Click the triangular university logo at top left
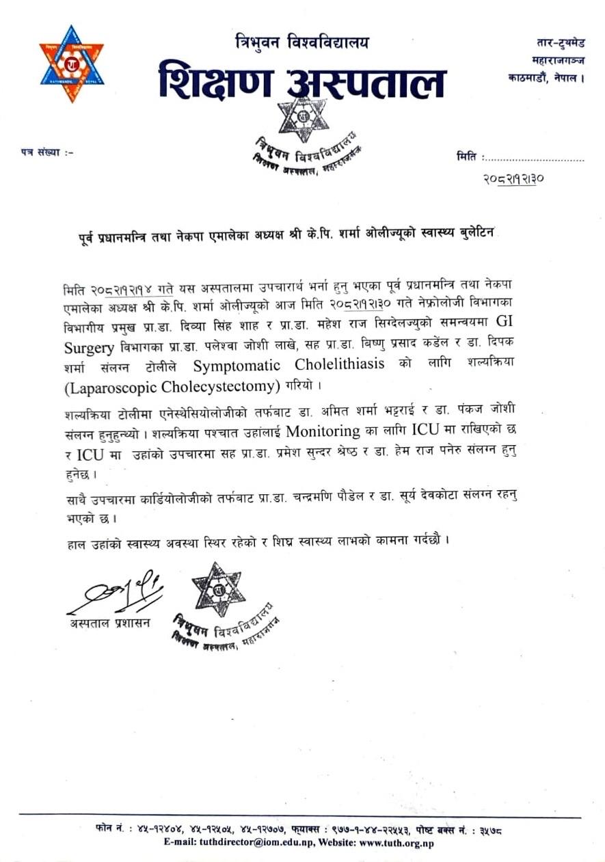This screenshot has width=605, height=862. click(71, 64)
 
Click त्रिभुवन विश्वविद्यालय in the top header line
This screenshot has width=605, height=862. click(301, 41)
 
